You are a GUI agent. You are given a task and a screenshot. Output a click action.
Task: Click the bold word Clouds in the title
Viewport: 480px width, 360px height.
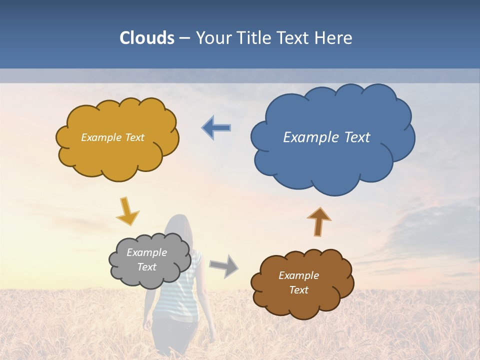point(146,38)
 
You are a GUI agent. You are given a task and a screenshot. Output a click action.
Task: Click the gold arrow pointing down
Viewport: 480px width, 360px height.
point(127,211)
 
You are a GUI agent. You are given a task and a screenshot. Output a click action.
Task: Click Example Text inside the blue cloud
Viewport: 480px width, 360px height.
point(326,137)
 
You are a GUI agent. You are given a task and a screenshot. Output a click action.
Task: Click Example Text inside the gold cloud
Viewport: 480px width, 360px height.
point(112,137)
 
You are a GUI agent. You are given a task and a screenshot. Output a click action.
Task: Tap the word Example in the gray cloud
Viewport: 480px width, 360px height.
point(146,252)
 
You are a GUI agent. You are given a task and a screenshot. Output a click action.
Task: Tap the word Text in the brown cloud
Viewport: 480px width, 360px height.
point(298,290)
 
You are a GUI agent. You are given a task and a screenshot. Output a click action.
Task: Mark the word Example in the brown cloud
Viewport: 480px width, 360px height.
point(298,275)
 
